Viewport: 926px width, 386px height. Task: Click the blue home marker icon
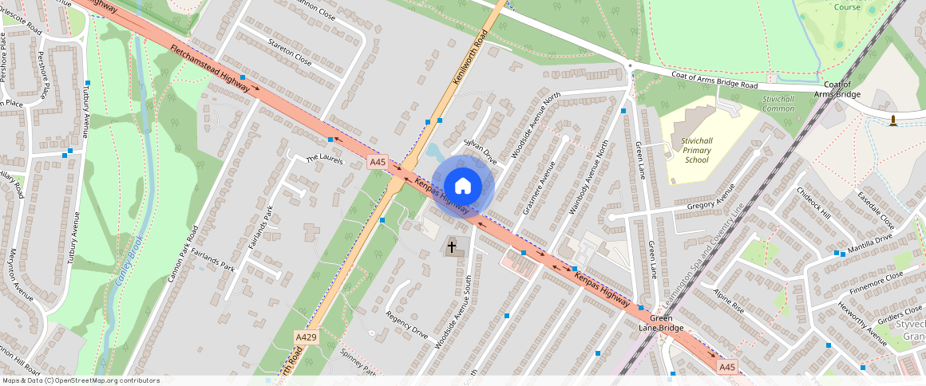click(x=463, y=187)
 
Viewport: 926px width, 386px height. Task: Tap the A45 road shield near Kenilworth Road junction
click(x=378, y=162)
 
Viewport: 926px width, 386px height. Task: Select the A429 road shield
click(x=306, y=338)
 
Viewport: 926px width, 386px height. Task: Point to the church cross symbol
click(x=452, y=246)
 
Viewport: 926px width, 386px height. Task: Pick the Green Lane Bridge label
click(x=660, y=322)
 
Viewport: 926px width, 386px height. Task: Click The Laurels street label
click(x=324, y=160)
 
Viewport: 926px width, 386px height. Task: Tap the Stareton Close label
click(x=290, y=50)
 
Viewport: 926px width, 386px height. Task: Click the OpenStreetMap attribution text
click(x=80, y=380)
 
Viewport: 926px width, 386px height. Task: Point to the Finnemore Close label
click(x=877, y=281)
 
